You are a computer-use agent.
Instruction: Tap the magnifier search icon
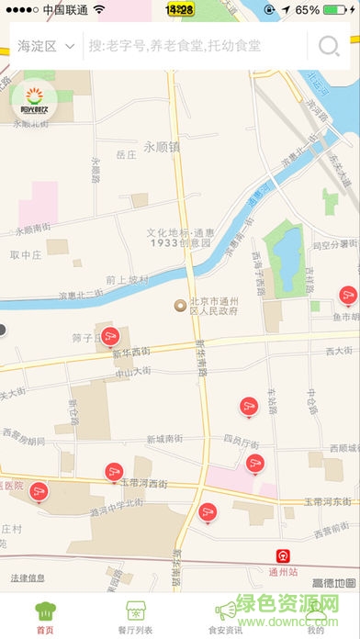(x=327, y=47)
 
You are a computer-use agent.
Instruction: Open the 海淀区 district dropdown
(x=45, y=46)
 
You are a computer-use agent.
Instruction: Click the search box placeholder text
(x=174, y=46)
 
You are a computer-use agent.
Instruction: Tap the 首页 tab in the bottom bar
(x=44, y=616)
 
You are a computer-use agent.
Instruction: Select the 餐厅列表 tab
(x=135, y=616)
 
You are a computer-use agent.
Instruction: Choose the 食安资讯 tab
(x=225, y=616)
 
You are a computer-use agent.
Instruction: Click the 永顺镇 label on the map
(x=162, y=146)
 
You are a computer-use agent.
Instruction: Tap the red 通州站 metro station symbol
(x=284, y=555)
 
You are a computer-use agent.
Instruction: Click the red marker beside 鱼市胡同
(x=347, y=295)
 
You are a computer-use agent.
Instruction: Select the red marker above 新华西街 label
(x=109, y=335)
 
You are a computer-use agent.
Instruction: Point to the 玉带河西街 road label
(x=143, y=482)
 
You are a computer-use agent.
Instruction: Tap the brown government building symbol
(x=180, y=305)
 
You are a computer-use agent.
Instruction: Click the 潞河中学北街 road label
(x=112, y=503)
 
